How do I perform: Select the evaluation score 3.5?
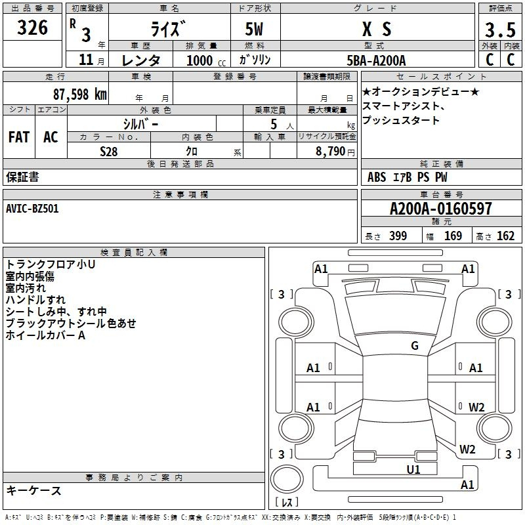[499, 30]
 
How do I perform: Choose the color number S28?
[108, 150]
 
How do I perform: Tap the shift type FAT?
[19, 137]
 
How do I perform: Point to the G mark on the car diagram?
[414, 346]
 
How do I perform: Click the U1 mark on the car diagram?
[413, 469]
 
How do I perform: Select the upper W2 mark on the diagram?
[476, 407]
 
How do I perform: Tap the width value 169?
[453, 236]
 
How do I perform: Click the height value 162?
[505, 236]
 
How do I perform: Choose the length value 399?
[398, 236]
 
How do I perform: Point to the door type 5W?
[255, 29]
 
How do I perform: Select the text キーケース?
[34, 491]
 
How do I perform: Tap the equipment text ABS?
[377, 177]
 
